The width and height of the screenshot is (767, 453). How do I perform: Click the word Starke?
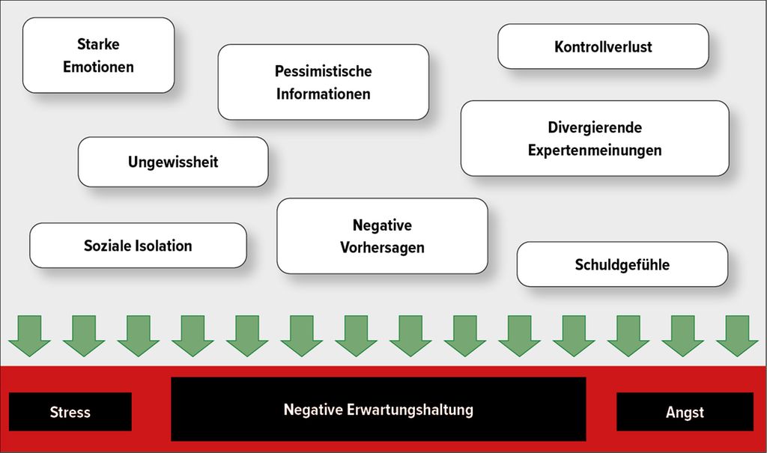tap(98, 44)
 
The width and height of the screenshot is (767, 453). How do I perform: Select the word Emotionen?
tap(98, 67)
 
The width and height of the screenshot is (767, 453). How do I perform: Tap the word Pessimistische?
tap(324, 71)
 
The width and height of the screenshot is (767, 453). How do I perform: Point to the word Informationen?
tap(324, 94)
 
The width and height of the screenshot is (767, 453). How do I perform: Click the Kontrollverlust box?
tap(603, 46)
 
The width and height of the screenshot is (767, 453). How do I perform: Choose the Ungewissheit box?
tap(173, 162)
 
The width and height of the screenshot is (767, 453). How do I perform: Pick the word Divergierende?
tap(595, 127)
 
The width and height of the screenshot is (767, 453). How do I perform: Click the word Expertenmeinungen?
tap(595, 150)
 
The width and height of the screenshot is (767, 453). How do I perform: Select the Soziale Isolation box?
tap(138, 246)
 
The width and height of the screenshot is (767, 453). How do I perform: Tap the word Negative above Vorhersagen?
tap(382, 225)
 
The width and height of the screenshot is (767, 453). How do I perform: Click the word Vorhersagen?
tap(382, 248)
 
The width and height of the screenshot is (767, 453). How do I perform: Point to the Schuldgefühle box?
tap(622, 264)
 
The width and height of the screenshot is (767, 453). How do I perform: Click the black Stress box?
tap(70, 411)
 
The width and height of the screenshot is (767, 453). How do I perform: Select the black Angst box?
tap(685, 411)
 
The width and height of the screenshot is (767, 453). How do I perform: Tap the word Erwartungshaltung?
tap(410, 410)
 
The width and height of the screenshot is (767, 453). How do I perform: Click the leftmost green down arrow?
tap(29, 335)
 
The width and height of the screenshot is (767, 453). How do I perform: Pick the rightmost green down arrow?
tap(737, 335)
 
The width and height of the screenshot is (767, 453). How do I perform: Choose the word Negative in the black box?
tap(313, 410)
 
